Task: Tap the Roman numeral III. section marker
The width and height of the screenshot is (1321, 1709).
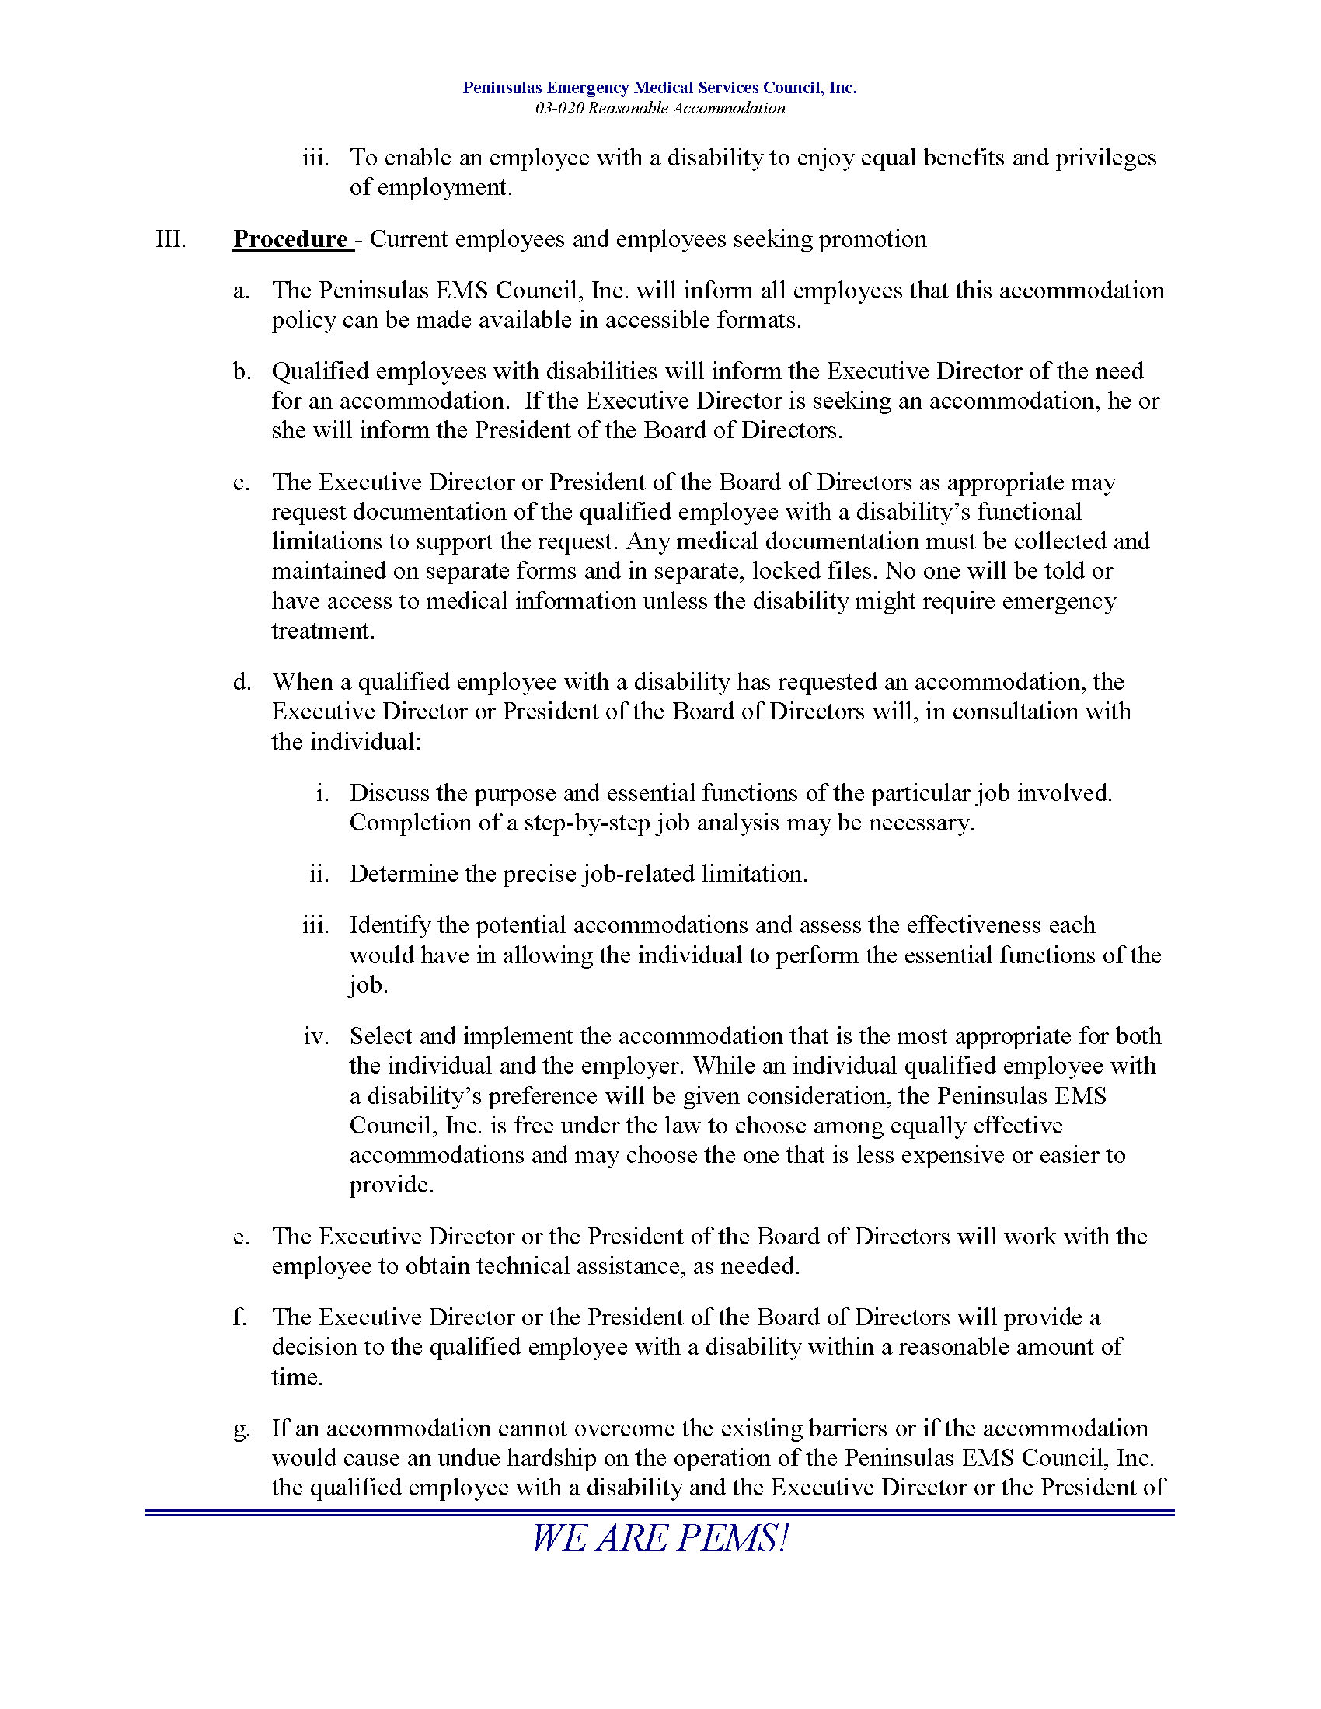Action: (171, 238)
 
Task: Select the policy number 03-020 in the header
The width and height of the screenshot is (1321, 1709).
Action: (559, 109)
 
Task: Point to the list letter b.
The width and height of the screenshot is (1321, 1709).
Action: (242, 371)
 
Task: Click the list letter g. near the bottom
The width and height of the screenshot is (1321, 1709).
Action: (242, 1429)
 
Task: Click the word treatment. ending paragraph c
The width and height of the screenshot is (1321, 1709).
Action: (323, 631)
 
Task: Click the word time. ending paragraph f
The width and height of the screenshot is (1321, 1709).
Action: (297, 1377)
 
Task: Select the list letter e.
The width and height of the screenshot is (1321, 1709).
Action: (242, 1237)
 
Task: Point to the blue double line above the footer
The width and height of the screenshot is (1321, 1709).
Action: (660, 1512)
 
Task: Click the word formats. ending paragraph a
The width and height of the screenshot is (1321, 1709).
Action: (759, 321)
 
